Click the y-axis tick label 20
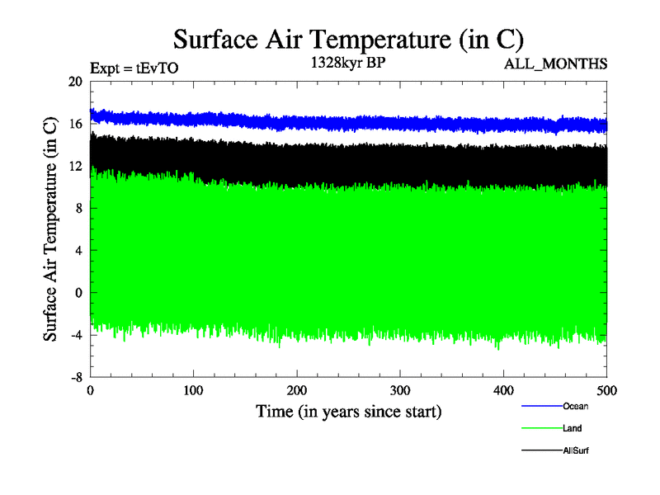point(75,82)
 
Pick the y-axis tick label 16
point(75,124)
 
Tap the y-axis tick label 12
point(75,167)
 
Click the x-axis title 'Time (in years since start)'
point(348,411)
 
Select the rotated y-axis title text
point(50,229)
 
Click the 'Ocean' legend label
point(575,406)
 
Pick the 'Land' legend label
point(573,428)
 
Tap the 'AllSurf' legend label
point(576,450)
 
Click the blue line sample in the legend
point(541,406)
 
